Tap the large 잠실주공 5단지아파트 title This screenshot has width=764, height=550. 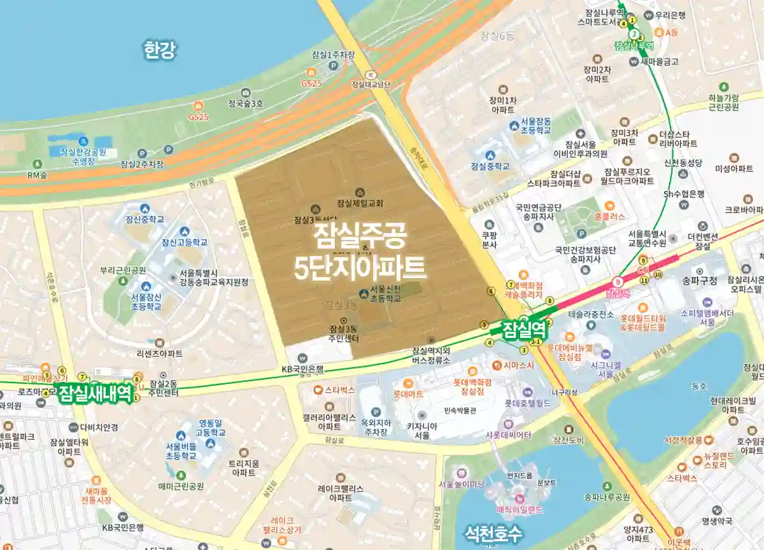(360, 255)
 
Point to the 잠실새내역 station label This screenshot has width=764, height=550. (95, 394)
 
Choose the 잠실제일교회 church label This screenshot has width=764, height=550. (360, 204)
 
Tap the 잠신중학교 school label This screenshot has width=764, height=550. (145, 219)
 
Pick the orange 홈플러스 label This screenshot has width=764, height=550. (610, 216)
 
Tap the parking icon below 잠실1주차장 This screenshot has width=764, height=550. (332, 65)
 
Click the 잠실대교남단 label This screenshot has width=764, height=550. (371, 84)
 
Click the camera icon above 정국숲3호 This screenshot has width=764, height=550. (245, 93)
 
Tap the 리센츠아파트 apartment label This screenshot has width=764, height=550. (160, 353)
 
